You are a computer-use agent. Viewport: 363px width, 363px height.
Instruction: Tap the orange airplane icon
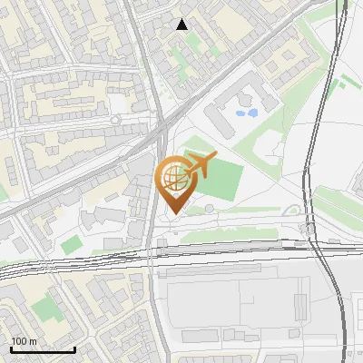click(x=201, y=165)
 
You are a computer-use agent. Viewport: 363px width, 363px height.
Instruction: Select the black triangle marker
click(x=182, y=25)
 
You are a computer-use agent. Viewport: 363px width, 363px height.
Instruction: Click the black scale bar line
click(x=43, y=349)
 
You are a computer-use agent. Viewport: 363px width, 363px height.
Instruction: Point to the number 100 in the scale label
click(x=19, y=341)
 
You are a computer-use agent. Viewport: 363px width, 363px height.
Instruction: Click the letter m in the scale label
click(x=33, y=341)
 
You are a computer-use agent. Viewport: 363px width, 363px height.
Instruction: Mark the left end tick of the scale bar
click(x=11, y=348)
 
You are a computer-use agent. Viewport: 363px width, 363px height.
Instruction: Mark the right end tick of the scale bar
click(x=74, y=348)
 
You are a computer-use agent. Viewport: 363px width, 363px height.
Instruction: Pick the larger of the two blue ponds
click(x=245, y=113)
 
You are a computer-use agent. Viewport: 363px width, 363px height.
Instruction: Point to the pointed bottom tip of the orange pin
click(x=174, y=211)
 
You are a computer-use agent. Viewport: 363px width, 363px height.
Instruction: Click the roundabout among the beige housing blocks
click(x=115, y=119)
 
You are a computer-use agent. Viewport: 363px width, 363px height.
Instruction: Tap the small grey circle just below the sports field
click(x=210, y=209)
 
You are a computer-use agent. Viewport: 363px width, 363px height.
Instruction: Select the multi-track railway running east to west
click(x=91, y=261)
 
